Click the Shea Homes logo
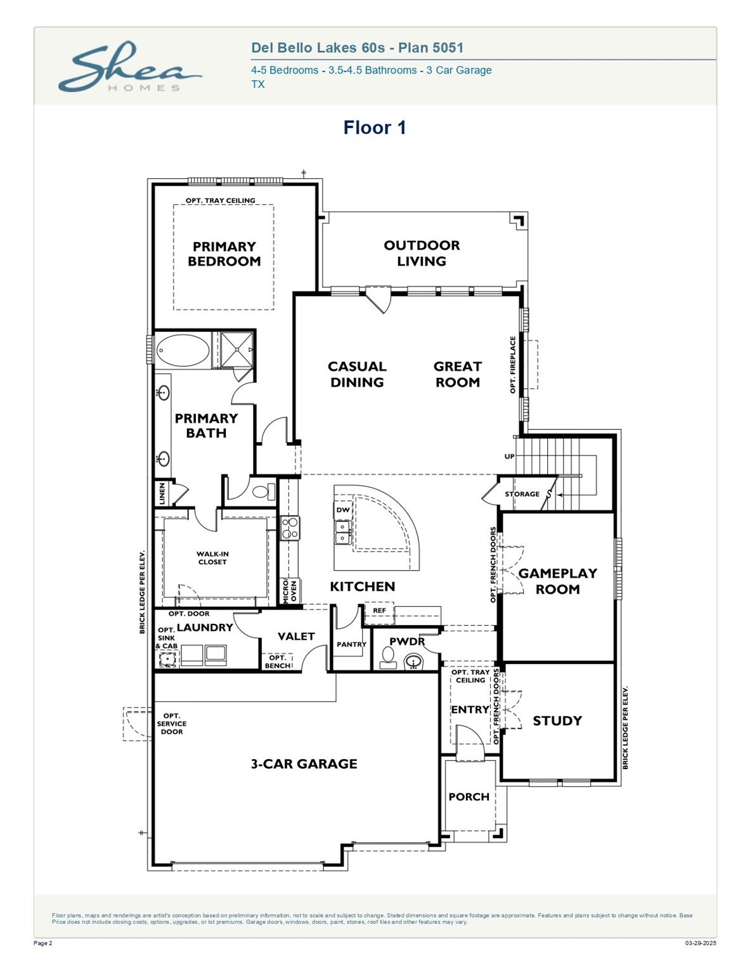(x=130, y=67)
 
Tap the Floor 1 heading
(x=375, y=127)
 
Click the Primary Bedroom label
(x=224, y=254)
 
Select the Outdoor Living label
(x=422, y=253)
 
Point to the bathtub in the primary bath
(x=183, y=350)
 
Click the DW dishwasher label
(x=343, y=510)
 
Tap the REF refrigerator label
(x=379, y=611)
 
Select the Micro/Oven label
(x=290, y=591)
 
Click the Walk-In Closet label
(x=212, y=558)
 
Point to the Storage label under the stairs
(x=522, y=494)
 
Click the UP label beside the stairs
(x=510, y=457)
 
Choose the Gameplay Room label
(x=557, y=581)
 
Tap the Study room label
(x=557, y=721)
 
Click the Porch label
(x=469, y=797)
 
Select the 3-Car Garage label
(x=304, y=763)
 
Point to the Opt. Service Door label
(x=172, y=724)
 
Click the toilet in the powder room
(x=388, y=658)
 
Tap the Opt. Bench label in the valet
(x=278, y=661)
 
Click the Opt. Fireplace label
(x=513, y=365)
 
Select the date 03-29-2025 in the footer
(x=701, y=943)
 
